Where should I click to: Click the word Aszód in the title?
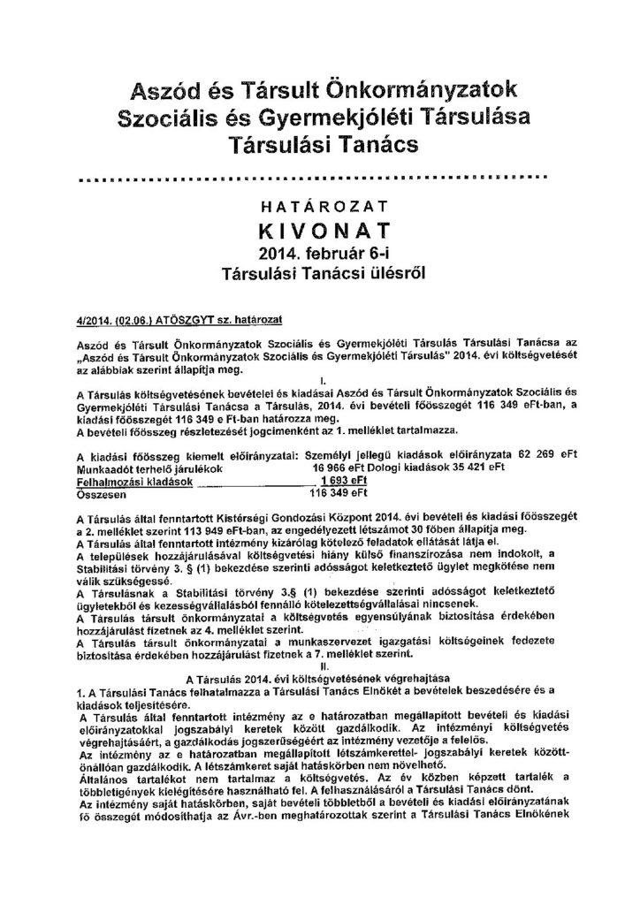tap(165, 89)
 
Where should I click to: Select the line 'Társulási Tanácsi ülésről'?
tap(322, 274)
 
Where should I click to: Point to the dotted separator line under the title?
tap(321, 177)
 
